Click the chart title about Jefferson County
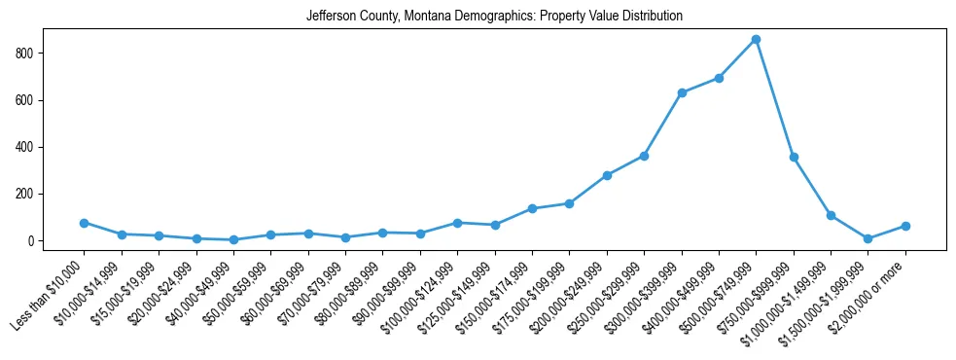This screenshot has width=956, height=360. [494, 17]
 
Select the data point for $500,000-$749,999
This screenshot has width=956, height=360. [756, 39]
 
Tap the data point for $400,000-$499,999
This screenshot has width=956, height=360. [719, 78]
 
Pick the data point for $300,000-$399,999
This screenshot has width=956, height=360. [682, 92]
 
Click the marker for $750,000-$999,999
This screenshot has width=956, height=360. [794, 157]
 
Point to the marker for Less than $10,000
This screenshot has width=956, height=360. [84, 223]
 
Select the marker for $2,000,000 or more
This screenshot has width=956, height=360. [905, 226]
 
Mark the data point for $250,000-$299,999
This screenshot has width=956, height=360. [644, 156]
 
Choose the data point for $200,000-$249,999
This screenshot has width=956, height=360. [607, 175]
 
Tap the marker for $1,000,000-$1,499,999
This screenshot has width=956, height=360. [831, 215]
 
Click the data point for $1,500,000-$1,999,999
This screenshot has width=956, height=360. [867, 238]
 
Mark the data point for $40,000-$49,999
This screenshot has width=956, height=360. [233, 239]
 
